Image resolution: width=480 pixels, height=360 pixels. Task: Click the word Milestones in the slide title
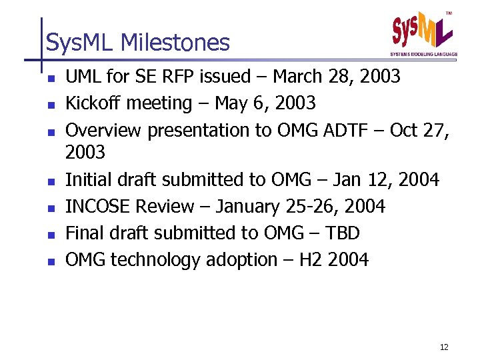coord(175,43)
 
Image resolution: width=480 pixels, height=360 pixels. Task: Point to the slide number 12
coord(444,347)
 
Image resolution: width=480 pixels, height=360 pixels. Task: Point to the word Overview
coord(103,130)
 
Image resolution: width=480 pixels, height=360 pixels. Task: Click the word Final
coord(85,233)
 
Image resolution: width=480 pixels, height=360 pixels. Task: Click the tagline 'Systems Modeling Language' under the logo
coord(424,54)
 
